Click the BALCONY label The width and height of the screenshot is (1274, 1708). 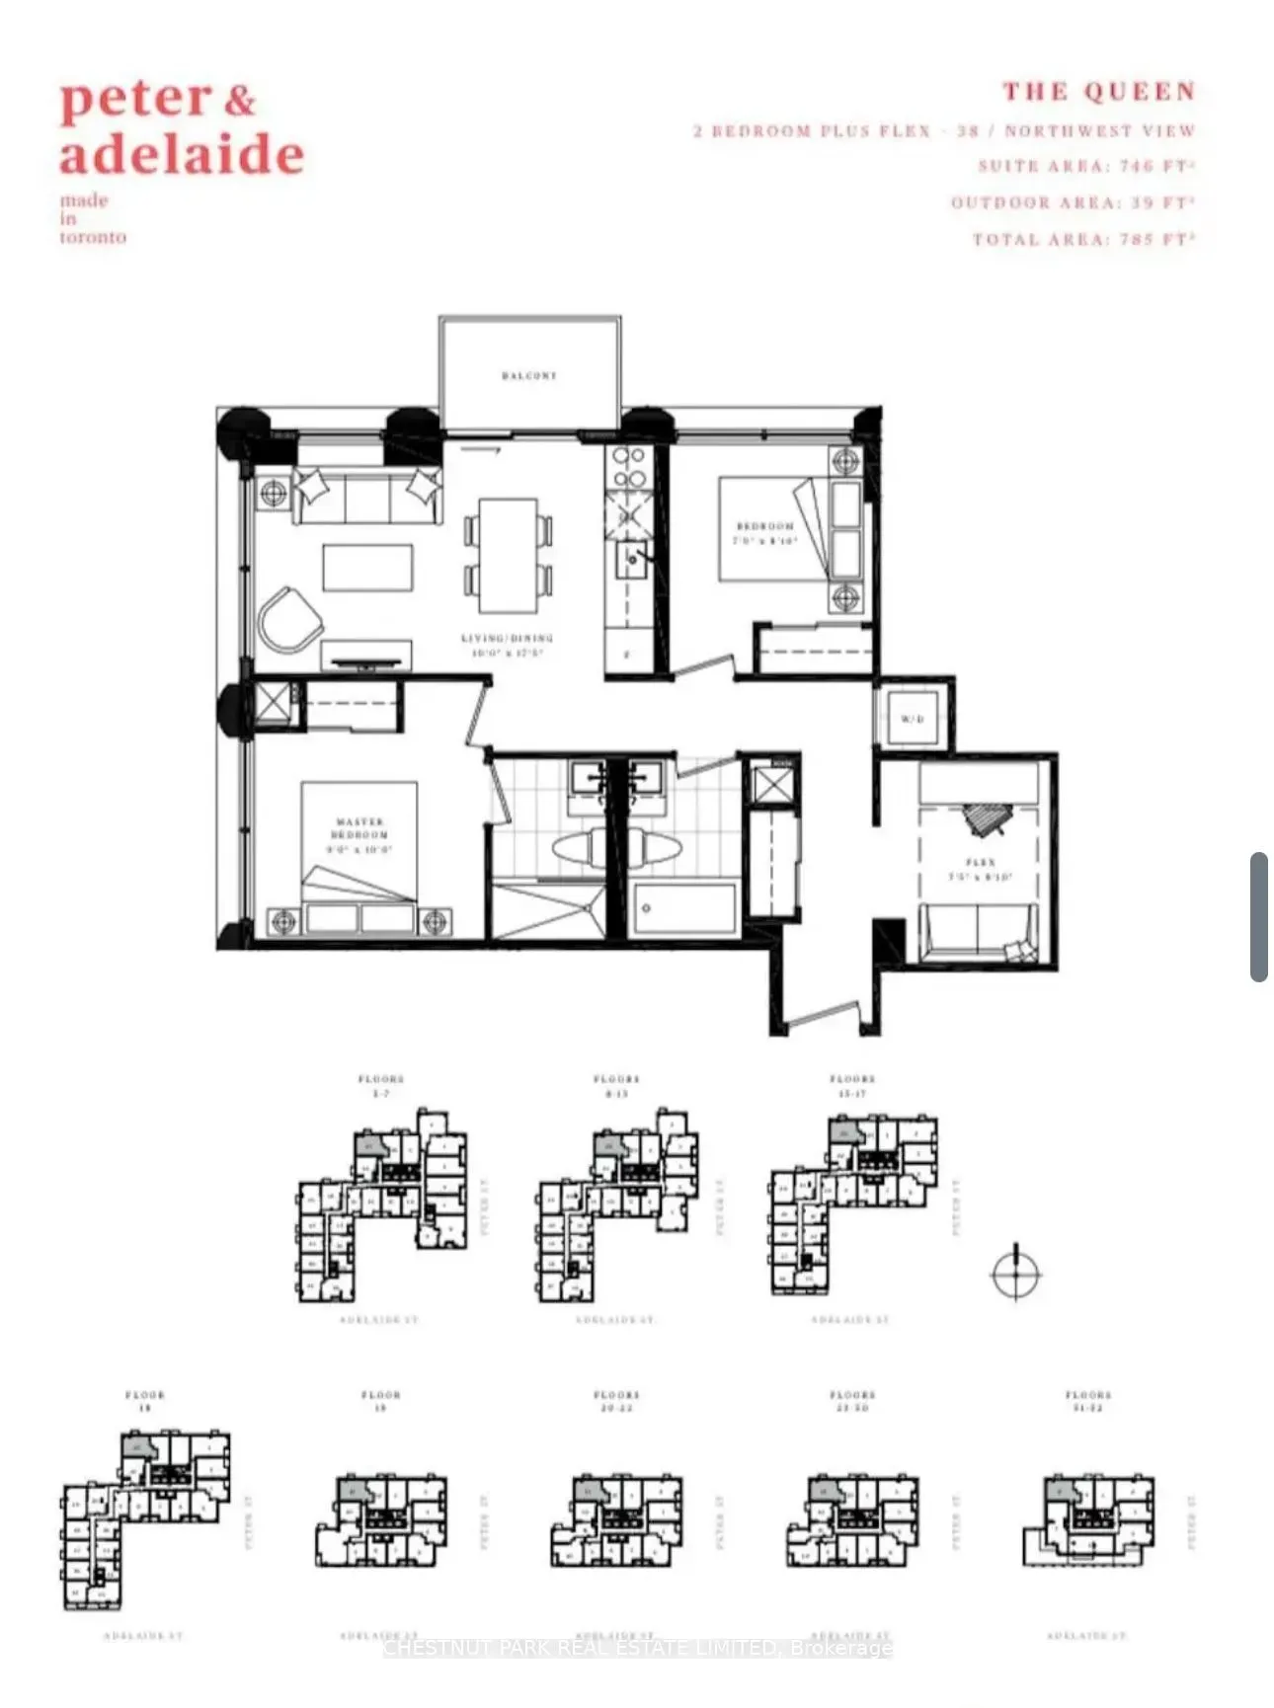point(528,376)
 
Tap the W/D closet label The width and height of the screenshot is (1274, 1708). point(912,719)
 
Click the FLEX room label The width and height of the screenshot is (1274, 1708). point(981,863)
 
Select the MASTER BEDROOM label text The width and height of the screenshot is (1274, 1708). point(359,828)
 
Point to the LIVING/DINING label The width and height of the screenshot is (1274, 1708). point(507,639)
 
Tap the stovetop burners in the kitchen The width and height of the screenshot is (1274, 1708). point(629,468)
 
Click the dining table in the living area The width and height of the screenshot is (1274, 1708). point(509,555)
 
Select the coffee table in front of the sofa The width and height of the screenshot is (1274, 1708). point(367,568)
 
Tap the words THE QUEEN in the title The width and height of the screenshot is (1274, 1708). point(1099,93)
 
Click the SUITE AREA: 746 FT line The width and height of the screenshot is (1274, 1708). point(1086,166)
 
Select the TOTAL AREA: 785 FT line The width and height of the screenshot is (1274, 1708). point(1083,240)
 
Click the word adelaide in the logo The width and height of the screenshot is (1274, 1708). point(182,155)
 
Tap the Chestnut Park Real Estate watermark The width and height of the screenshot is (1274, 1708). point(637,1647)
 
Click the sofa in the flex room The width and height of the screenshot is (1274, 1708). point(978,933)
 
